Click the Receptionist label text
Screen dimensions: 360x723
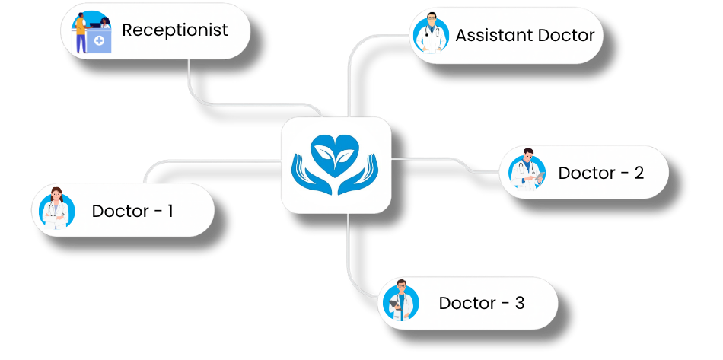click(175, 30)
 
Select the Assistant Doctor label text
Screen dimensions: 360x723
click(525, 35)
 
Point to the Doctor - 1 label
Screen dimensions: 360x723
click(132, 211)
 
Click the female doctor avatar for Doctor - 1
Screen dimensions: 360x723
click(55, 209)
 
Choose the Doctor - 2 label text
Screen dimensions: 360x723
click(601, 173)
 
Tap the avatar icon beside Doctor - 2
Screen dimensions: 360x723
click(524, 170)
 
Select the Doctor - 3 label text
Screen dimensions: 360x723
click(482, 303)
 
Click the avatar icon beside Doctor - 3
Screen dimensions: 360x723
click(401, 301)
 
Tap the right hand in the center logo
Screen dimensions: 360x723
click(361, 174)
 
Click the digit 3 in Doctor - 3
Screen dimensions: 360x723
click(520, 303)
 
